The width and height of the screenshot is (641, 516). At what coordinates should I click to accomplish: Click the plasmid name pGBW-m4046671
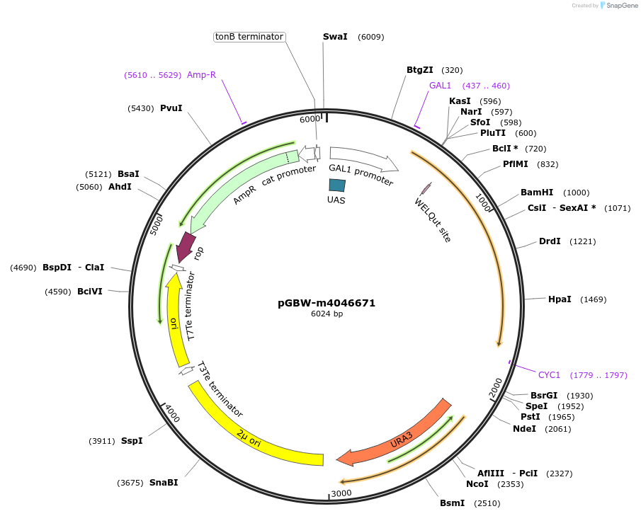(x=327, y=303)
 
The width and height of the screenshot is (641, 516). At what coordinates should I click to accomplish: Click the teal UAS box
(x=337, y=185)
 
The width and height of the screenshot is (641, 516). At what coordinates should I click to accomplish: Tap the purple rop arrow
(x=186, y=246)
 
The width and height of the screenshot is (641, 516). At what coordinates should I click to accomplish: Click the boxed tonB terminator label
(x=249, y=36)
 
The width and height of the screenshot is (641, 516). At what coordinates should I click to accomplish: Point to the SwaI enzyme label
(x=335, y=36)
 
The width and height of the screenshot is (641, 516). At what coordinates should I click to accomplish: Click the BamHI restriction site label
(x=536, y=193)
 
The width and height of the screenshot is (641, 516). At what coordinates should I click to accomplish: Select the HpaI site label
(x=559, y=299)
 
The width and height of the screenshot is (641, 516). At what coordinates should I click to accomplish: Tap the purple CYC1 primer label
(x=549, y=374)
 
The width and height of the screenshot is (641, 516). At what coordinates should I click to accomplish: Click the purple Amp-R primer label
(x=201, y=74)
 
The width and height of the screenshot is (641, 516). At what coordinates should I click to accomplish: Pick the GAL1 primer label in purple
(x=440, y=86)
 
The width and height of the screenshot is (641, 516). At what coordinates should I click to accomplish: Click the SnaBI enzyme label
(x=163, y=483)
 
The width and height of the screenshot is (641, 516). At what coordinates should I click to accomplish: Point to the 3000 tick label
(x=341, y=493)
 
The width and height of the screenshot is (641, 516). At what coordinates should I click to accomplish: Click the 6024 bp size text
(x=327, y=314)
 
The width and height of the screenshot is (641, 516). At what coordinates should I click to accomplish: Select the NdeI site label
(x=524, y=428)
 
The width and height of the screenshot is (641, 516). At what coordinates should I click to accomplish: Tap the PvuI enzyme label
(x=171, y=108)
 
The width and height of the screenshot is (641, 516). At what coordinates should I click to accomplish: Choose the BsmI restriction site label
(x=452, y=503)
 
